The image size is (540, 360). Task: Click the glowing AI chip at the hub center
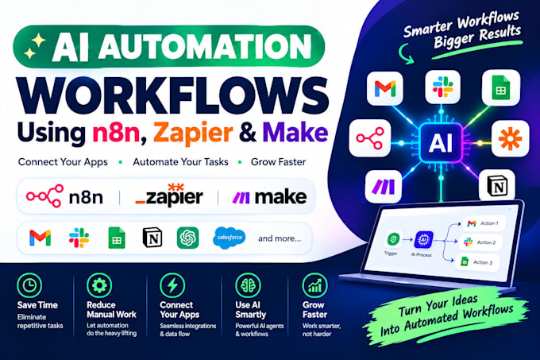pos(441,142)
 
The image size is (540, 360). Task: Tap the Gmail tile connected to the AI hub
pos(385,88)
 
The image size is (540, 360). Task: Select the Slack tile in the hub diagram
pos(443,87)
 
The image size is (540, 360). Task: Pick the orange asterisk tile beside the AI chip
pos(510,138)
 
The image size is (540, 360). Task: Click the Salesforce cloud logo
pos(229,238)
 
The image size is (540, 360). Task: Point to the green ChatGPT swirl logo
pos(187,238)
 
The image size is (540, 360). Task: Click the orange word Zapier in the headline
pos(193,133)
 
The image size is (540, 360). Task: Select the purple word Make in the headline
pos(295,132)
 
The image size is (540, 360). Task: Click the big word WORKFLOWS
pos(173,95)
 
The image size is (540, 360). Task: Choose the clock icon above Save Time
pos(29,285)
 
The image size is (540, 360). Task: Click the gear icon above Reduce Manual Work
pos(99,285)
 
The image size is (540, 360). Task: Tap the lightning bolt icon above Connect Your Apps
pos(172,285)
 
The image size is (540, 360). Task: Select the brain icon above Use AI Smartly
pos(249,285)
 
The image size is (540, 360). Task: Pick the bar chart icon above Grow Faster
pos(314,285)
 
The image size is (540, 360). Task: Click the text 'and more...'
pos(280,238)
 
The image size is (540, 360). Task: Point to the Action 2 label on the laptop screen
pos(486,242)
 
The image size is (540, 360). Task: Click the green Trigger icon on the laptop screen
pos(393,238)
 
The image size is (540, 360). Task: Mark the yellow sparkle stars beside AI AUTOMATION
pos(34,46)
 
